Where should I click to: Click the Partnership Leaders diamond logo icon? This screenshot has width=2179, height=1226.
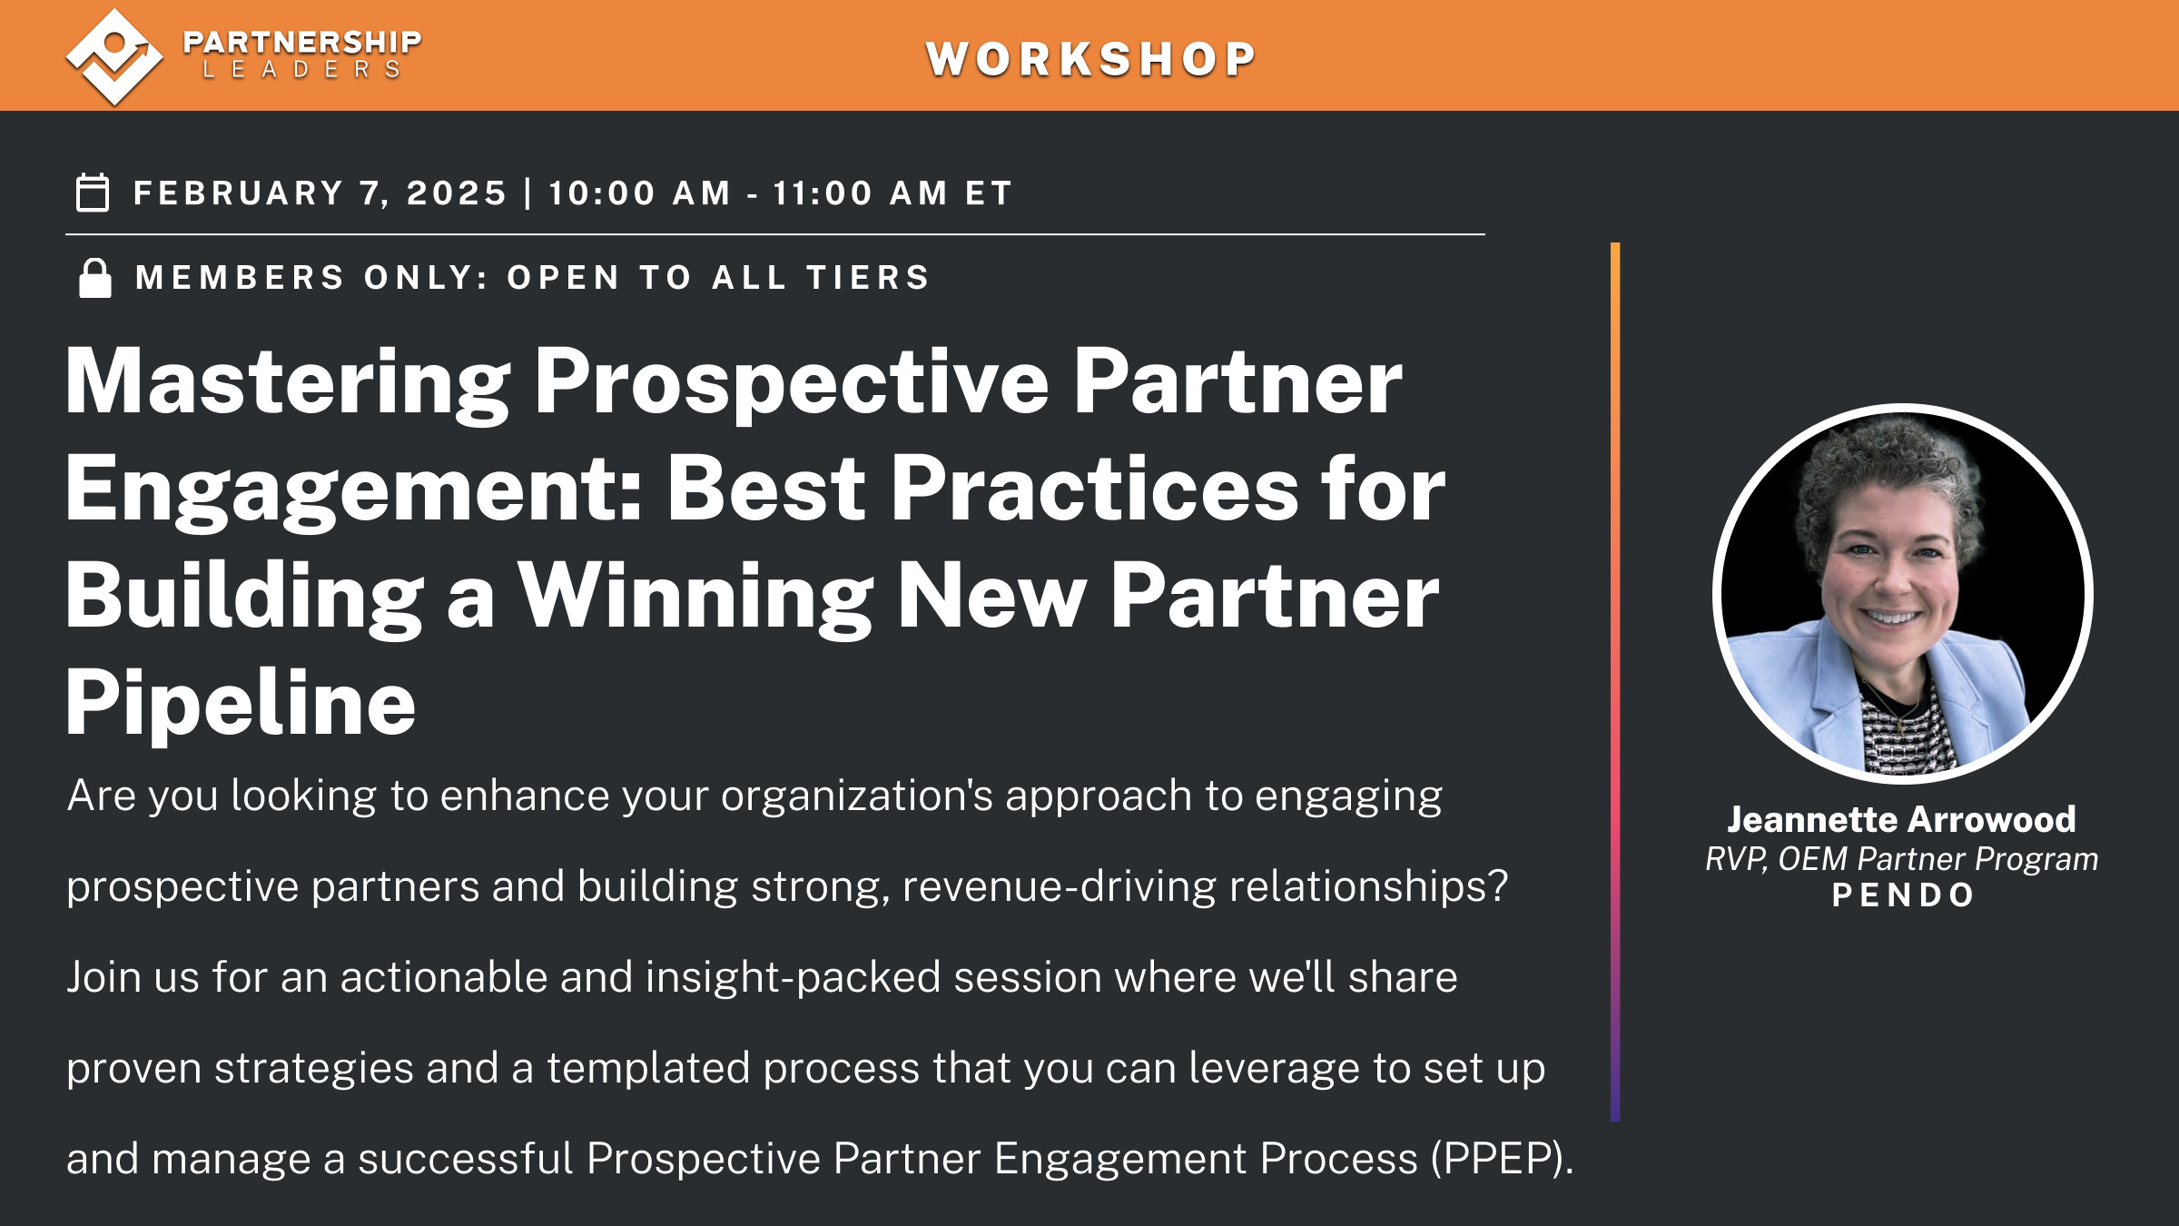[x=114, y=56]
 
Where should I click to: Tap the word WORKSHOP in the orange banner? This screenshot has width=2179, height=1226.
[x=1090, y=60]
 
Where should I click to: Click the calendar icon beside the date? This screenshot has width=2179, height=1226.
[x=93, y=193]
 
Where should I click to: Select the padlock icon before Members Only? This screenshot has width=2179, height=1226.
[x=95, y=278]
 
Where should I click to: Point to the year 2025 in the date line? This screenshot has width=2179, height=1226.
[x=457, y=193]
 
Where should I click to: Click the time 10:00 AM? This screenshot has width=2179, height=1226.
[x=639, y=193]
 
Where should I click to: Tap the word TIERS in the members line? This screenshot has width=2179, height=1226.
[x=868, y=278]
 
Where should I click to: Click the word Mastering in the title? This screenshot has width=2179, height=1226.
[x=287, y=383]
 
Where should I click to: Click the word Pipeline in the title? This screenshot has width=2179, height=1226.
[x=241, y=703]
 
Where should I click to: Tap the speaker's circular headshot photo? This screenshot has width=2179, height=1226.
[x=1902, y=593]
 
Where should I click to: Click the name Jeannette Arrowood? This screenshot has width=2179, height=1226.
[x=1901, y=819]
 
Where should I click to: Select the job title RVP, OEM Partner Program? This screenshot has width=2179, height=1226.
[x=1901, y=859]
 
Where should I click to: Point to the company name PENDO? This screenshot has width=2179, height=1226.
[x=1903, y=895]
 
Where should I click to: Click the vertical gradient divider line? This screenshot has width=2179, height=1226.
[x=1615, y=681]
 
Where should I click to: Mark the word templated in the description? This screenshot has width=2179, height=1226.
[x=648, y=1068]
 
